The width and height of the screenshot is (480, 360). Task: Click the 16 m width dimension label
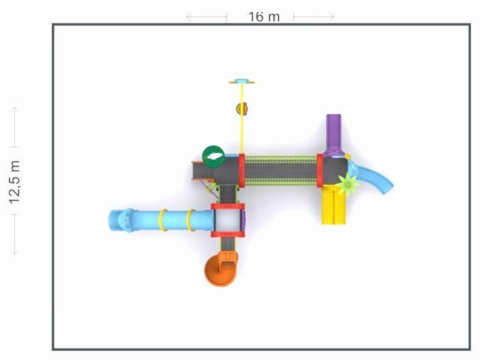pos(264,16)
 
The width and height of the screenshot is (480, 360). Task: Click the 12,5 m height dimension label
pos(14,181)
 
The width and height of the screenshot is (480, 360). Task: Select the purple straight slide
pos(334,135)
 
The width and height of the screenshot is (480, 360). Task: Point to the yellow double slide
pos(333,205)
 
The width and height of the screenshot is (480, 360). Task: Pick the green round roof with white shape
pos(213,157)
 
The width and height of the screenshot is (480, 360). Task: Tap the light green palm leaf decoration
pos(348,183)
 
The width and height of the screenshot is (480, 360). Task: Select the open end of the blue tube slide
pos(115,220)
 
